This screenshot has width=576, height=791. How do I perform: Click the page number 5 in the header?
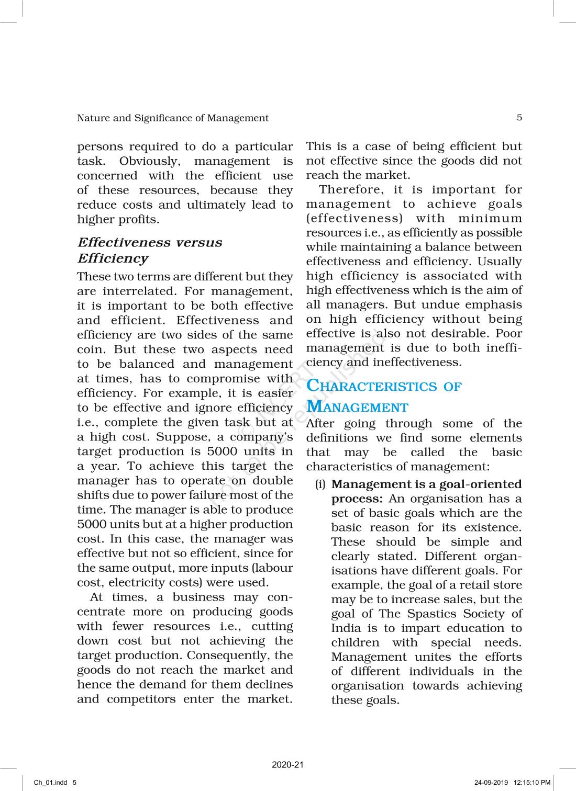pos(519,118)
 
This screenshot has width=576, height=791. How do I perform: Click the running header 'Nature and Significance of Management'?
pos(172,118)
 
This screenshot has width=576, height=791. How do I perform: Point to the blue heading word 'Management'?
pos(357,407)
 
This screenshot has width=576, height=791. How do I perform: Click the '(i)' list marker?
pos(320,485)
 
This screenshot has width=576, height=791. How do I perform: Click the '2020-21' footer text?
pos(287,765)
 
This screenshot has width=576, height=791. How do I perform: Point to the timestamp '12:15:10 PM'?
pos(533,783)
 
